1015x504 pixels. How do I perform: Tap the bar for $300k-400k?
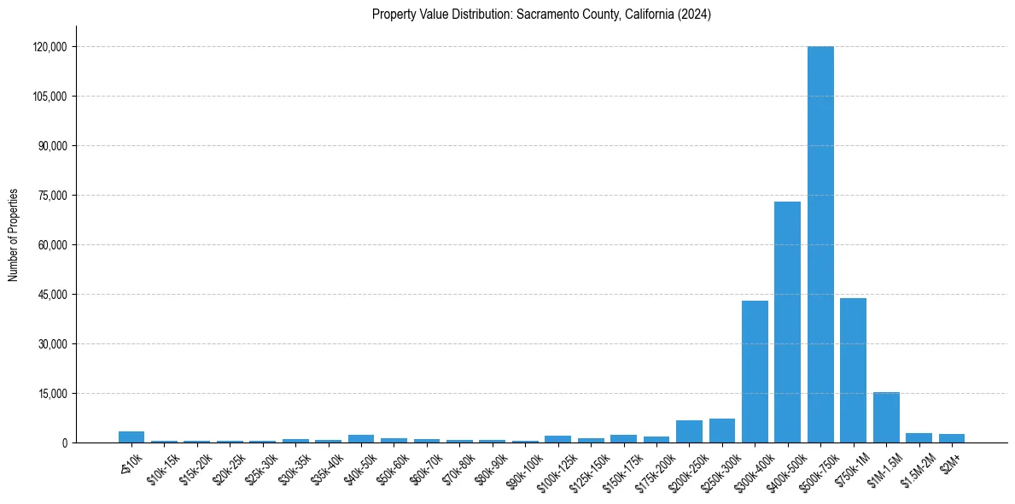point(755,372)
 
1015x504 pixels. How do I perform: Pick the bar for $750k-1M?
point(853,370)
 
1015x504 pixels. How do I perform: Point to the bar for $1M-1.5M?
point(886,418)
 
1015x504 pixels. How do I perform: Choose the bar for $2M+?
point(952,438)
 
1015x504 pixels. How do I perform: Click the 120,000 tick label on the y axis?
point(50,47)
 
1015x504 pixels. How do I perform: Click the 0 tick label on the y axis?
point(64,443)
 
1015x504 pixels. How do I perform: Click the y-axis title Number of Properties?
point(13,235)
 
